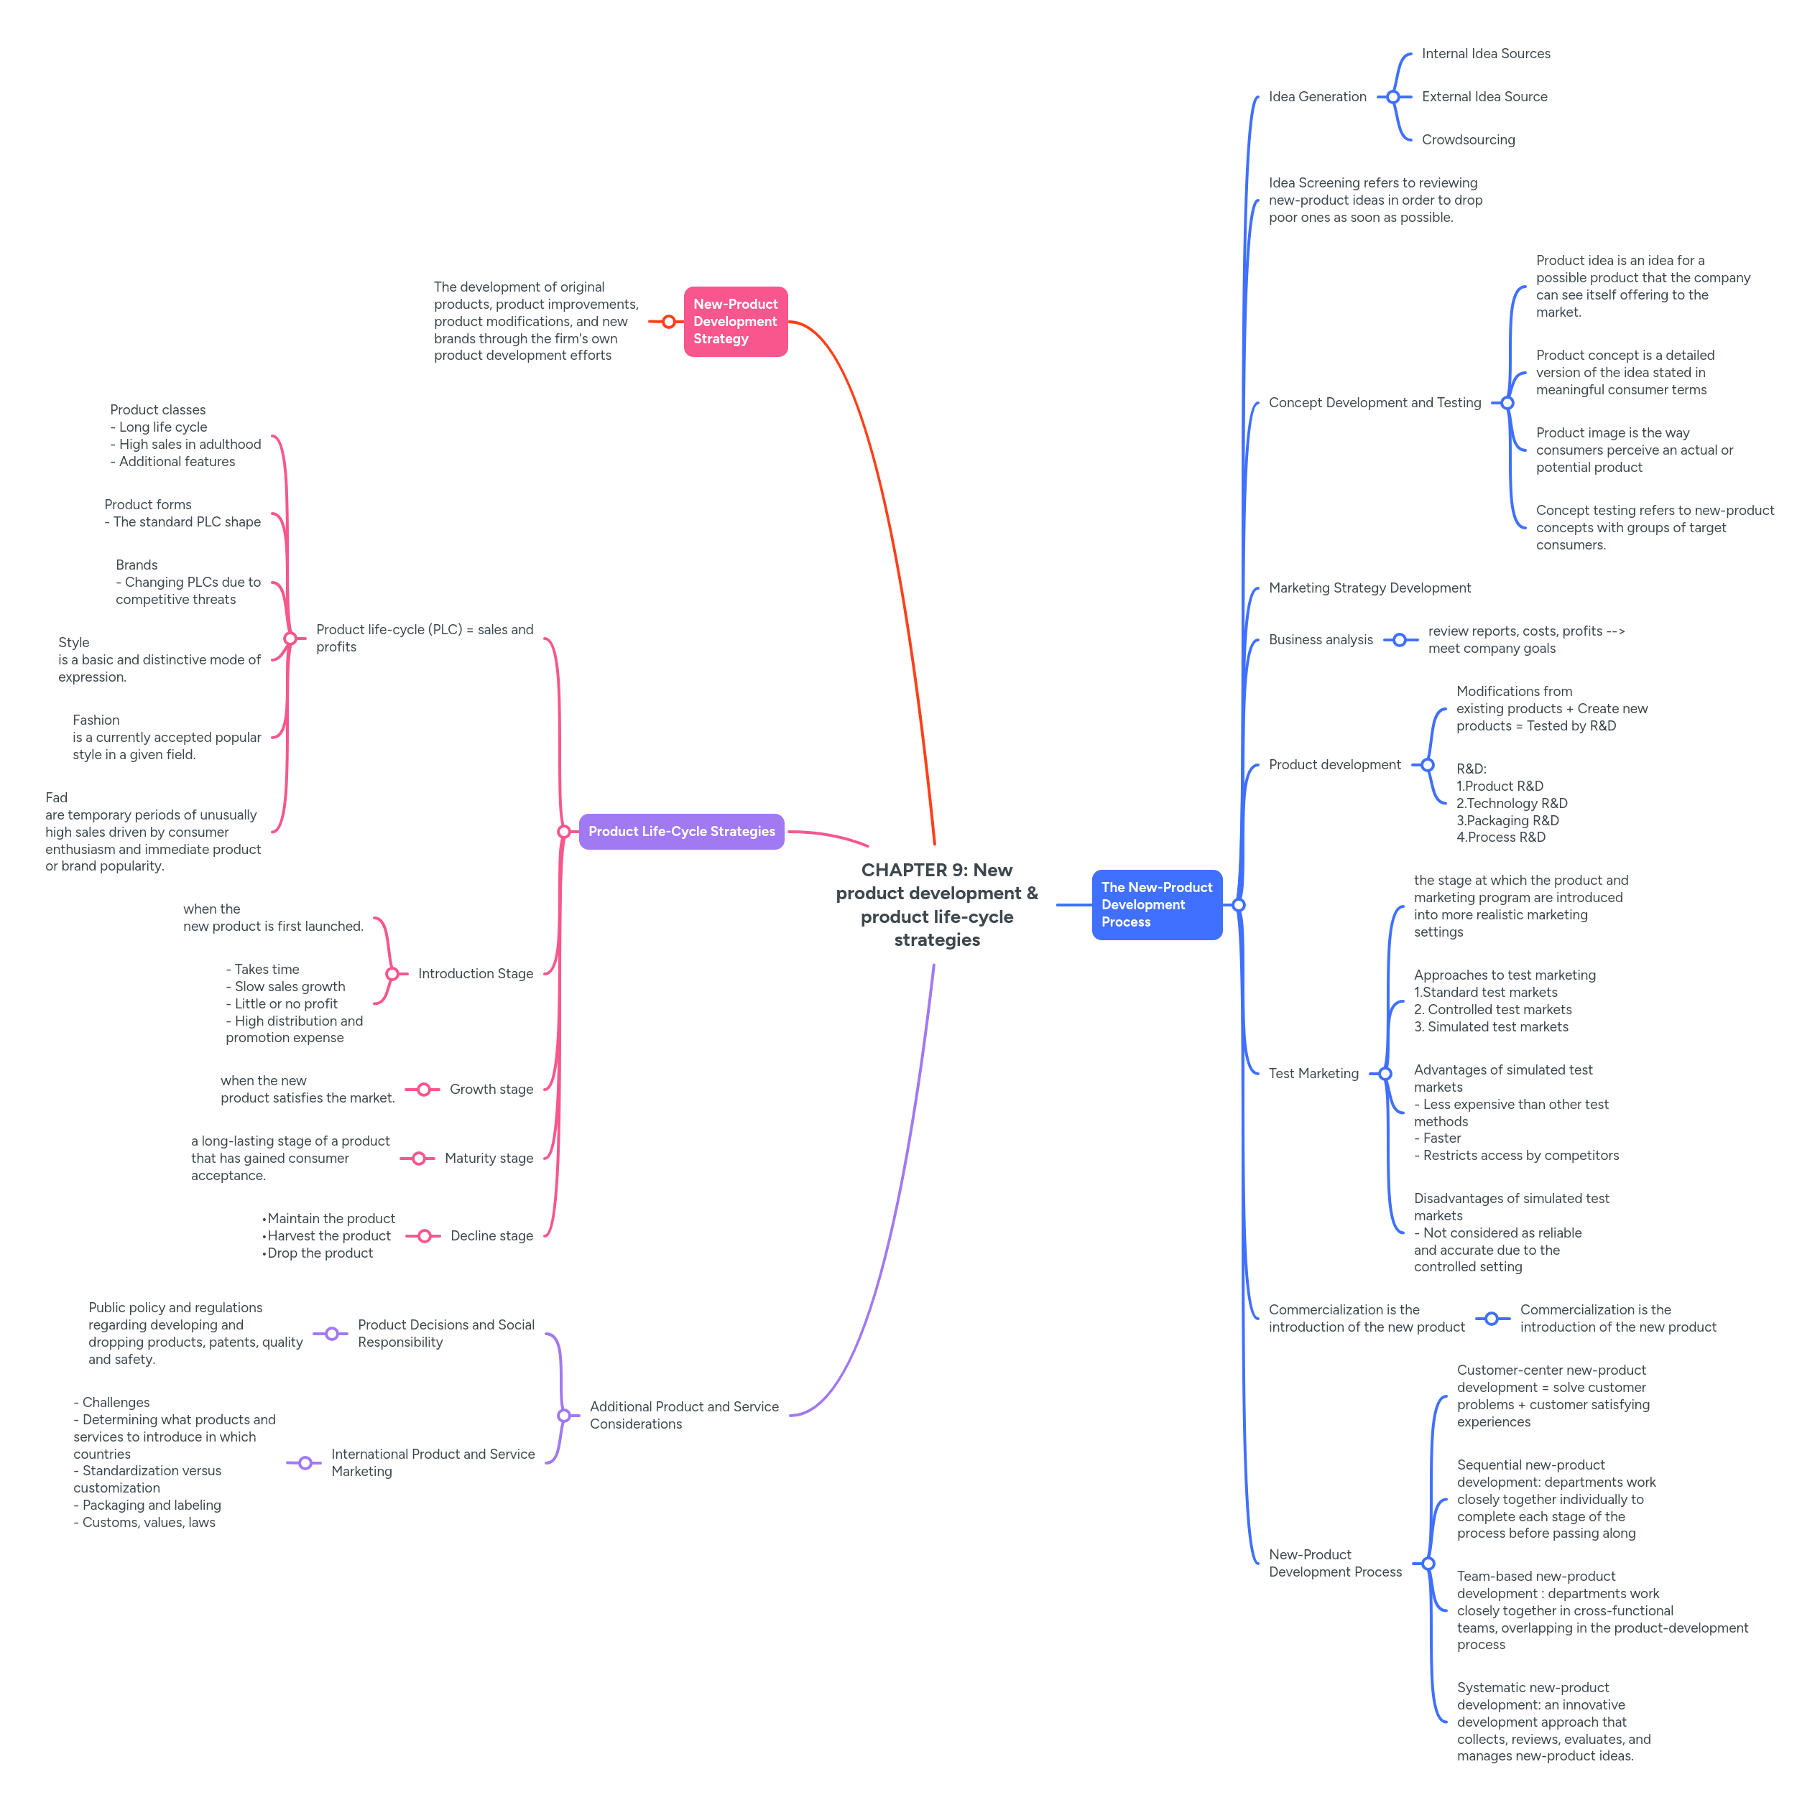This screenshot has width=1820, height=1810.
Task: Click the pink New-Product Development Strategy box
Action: click(735, 321)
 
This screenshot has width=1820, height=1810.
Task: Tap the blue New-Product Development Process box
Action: click(1156, 904)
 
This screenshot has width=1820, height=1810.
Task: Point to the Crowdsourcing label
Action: click(1468, 139)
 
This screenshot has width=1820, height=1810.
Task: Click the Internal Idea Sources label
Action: click(1486, 54)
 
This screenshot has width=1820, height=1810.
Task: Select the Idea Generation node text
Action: click(1317, 97)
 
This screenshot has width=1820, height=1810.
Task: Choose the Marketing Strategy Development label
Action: click(1369, 588)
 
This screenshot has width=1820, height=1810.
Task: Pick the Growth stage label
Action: click(491, 1089)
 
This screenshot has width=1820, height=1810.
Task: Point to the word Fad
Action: click(57, 798)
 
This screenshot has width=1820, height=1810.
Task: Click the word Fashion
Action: click(96, 720)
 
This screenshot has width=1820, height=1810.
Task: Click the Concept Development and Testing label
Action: click(1375, 402)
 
